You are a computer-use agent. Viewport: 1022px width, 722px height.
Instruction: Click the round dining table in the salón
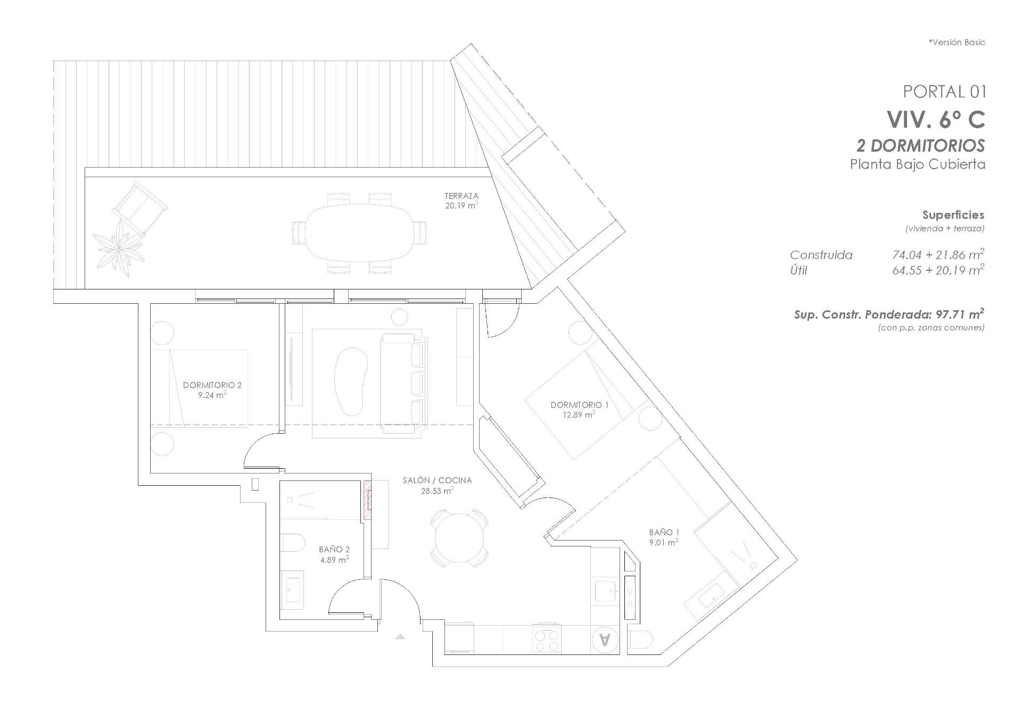pyautogui.click(x=459, y=538)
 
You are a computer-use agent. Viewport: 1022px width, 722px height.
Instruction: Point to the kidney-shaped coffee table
pyautogui.click(x=350, y=381)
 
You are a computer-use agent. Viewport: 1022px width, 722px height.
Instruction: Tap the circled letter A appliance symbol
pyautogui.click(x=605, y=640)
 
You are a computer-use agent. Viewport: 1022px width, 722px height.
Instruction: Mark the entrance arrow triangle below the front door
pyautogui.click(x=400, y=636)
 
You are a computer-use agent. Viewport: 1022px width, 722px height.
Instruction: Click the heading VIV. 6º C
pyautogui.click(x=935, y=119)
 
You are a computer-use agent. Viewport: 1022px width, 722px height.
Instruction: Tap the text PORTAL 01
pyautogui.click(x=944, y=92)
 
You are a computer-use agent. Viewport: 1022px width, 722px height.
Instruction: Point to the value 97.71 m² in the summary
pyautogui.click(x=959, y=314)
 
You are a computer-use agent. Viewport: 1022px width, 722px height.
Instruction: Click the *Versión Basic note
pyautogui.click(x=957, y=42)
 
